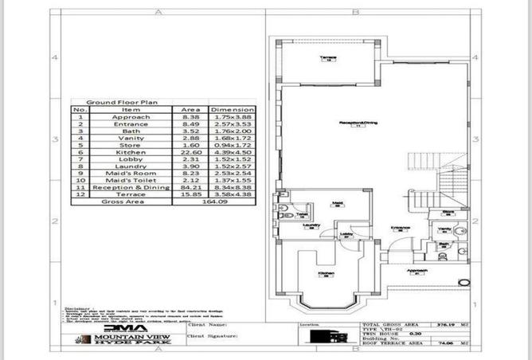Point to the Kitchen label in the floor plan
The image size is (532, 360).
pyautogui.click(x=326, y=273)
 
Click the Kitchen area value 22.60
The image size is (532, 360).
pyautogui.click(x=190, y=152)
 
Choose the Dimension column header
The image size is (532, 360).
pyautogui.click(x=232, y=110)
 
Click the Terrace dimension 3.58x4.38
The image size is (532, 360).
pyautogui.click(x=232, y=194)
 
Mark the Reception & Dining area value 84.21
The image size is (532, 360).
pyautogui.click(x=190, y=187)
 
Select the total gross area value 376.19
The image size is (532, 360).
pyautogui.click(x=438, y=325)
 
